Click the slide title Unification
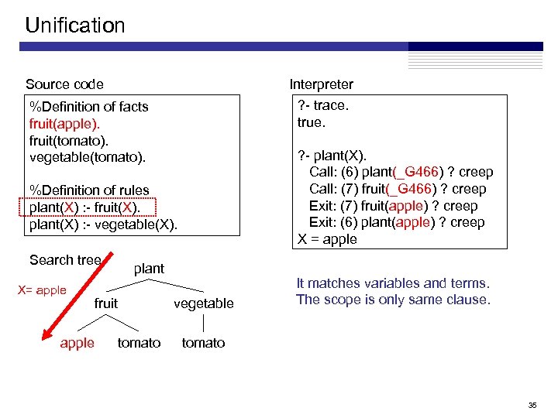coord(75,26)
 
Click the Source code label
coord(64,84)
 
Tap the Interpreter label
coord(321,84)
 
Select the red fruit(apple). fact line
coord(65,123)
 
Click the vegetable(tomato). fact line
coord(87,157)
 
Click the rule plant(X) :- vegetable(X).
coord(103,224)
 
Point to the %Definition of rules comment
coord(89,190)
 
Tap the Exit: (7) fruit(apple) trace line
coord(393,206)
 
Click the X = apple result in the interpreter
coord(327,239)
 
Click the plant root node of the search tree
coord(149,269)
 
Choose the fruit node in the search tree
coord(106,303)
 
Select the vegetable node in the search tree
coord(204,303)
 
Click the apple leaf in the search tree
coord(77,343)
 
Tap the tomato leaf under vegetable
coord(203,343)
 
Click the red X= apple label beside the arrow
coord(42,290)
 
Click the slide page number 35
coord(532,405)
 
